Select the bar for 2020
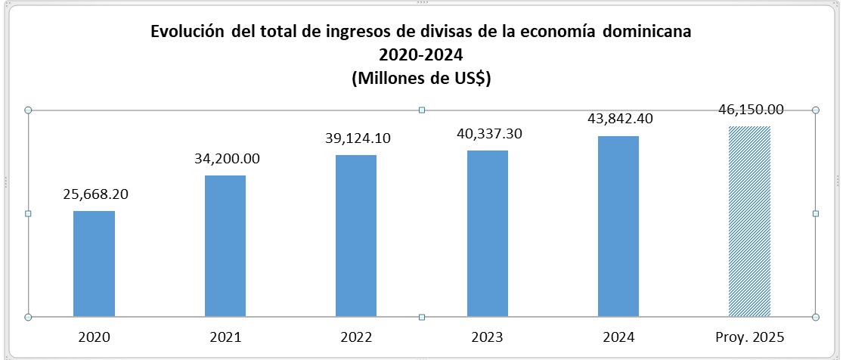94,263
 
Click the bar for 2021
225,246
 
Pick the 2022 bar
356,235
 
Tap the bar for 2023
488,233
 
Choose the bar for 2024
618,226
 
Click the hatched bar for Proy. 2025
749,221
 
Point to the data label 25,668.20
95,194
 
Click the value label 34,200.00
225,159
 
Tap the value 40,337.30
488,134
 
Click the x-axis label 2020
94,337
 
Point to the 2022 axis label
356,337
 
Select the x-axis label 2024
618,337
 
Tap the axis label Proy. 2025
749,337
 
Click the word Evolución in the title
187,33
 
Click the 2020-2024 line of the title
421,55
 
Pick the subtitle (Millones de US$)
421,78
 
